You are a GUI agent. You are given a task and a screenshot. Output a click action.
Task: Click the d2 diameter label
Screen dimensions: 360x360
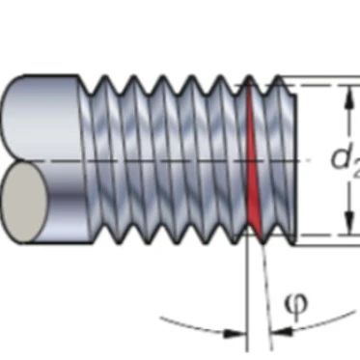346,160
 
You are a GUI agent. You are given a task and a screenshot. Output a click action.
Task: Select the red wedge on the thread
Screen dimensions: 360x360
253,161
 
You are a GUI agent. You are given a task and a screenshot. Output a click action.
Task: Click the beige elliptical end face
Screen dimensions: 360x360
24,202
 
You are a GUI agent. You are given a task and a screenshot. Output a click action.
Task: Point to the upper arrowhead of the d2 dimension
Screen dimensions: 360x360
347,97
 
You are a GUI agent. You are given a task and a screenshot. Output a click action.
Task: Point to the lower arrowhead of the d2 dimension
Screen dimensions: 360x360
347,224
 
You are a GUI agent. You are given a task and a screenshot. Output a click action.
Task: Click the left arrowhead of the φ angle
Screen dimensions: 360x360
235,334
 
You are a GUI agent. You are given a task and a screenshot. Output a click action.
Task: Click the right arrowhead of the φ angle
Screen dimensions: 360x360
281,330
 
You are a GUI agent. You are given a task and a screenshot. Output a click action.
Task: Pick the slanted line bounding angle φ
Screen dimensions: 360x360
267,297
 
